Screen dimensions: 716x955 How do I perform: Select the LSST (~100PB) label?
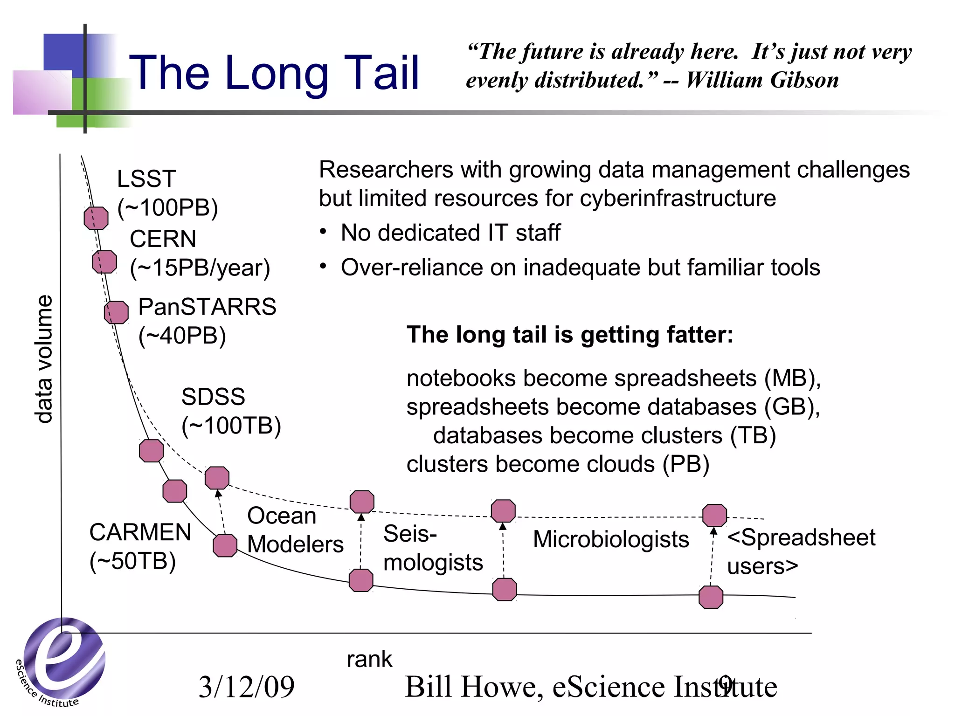point(167,193)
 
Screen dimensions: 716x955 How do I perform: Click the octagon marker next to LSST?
point(96,218)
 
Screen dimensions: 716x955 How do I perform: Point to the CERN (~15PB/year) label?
point(200,253)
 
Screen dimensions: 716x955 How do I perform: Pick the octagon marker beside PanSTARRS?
point(116,312)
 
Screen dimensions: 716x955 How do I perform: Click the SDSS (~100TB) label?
point(231,411)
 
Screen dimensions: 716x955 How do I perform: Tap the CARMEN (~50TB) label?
point(140,546)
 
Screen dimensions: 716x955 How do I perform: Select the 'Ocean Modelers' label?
point(295,530)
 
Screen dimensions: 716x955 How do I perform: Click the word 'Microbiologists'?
point(610,539)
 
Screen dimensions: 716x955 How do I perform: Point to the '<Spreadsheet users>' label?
point(801,551)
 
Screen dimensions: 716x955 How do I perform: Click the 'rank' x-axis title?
point(369,659)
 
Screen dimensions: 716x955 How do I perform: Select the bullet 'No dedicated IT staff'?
point(450,233)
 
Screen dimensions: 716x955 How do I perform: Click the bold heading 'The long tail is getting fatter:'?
point(569,334)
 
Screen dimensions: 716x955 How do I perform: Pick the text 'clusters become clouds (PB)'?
point(558,464)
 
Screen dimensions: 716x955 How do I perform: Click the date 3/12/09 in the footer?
point(246,687)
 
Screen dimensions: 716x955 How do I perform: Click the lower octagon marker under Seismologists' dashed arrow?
point(361,580)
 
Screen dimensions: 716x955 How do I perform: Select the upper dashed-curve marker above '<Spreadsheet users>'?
point(714,516)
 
